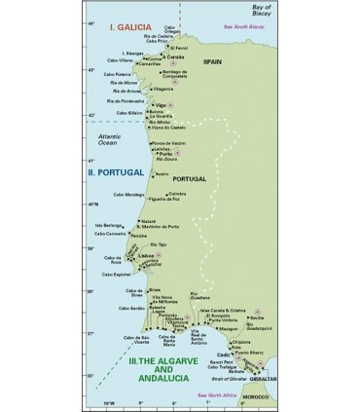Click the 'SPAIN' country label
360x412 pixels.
[213, 60]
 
